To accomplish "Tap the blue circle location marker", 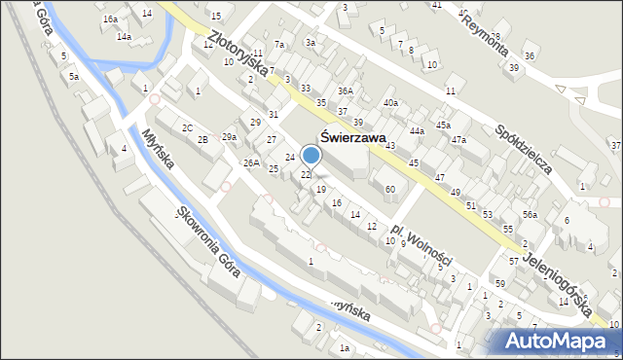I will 311,155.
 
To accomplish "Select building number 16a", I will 110,18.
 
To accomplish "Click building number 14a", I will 124,36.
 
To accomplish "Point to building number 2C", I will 187,127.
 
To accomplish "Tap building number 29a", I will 229,136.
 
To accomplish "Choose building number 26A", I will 251,162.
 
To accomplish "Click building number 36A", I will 345,90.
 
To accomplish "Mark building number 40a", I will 390,102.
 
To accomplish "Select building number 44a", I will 417,130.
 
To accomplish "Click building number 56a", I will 530,214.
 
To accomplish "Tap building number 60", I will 389,188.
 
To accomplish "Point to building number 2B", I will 202,140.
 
